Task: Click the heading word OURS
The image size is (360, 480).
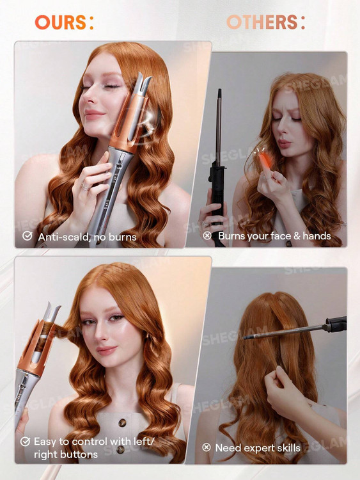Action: pos(61,22)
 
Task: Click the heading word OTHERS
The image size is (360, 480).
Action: pos(262,22)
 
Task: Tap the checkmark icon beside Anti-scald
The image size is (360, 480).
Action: pos(27,236)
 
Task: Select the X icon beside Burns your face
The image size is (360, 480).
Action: pos(207,236)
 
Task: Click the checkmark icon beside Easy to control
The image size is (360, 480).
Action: pos(25,442)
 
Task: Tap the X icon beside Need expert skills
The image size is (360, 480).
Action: pos(207,447)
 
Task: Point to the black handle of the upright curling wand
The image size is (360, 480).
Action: pos(217,192)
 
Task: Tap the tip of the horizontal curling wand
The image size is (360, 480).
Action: pos(245,338)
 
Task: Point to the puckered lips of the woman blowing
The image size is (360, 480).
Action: pos(285,143)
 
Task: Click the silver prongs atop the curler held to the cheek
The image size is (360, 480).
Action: pos(142,81)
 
